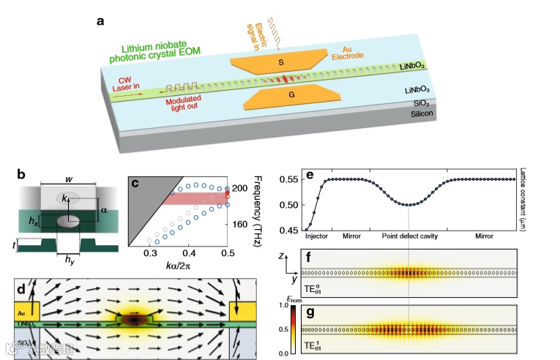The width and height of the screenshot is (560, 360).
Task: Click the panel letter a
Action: pyautogui.click(x=101, y=20)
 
